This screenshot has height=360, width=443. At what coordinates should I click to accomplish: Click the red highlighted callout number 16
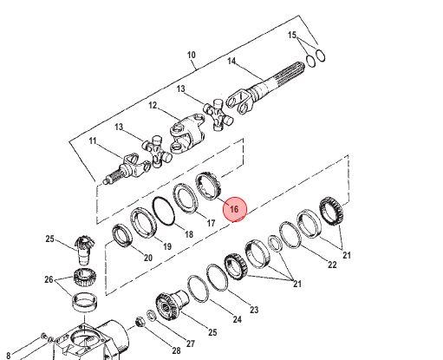(234, 209)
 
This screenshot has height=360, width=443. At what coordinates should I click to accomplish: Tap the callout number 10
(192, 55)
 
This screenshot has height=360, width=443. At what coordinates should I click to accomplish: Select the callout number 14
(231, 62)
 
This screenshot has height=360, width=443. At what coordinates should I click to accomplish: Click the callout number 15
(292, 35)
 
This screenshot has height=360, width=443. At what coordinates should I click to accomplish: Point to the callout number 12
(153, 105)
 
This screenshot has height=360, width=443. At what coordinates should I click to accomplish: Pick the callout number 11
(93, 141)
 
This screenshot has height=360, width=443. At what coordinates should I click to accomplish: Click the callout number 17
(212, 223)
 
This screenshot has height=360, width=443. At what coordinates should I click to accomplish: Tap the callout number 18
(188, 234)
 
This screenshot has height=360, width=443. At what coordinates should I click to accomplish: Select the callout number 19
(167, 246)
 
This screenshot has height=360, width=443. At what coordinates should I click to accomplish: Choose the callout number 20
(148, 258)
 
